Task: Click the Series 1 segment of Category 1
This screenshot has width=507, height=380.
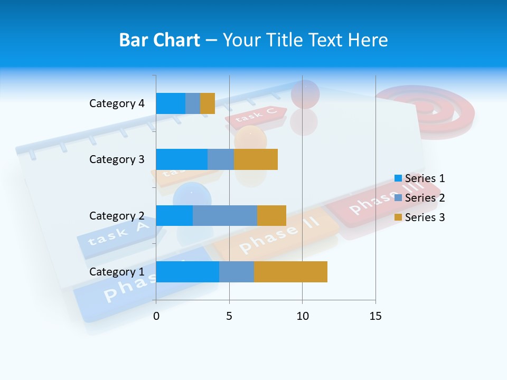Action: [x=187, y=272]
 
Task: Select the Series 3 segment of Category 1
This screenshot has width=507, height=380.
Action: [x=290, y=272]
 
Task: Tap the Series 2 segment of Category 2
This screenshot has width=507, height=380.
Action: [x=225, y=216]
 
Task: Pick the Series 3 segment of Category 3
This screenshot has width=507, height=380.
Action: [x=256, y=159]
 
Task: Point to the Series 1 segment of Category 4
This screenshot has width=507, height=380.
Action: [x=171, y=103]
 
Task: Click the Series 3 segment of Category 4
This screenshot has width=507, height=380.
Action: [x=208, y=103]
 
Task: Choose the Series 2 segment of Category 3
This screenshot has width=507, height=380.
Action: [x=221, y=159]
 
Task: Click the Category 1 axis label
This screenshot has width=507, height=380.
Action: [x=117, y=272]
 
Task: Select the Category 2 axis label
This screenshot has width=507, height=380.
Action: [x=117, y=216]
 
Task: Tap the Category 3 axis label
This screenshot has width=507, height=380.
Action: [x=117, y=159]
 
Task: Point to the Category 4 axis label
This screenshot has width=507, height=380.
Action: [x=117, y=103]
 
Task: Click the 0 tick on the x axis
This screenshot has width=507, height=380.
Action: [x=156, y=316]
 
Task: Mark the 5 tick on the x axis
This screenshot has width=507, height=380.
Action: [x=229, y=316]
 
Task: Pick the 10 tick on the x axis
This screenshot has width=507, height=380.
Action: [x=302, y=316]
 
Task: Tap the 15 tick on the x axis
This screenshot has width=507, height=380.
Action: [x=375, y=316]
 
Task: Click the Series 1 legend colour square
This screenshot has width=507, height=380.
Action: [x=398, y=178]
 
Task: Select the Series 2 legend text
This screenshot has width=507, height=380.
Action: [x=425, y=198]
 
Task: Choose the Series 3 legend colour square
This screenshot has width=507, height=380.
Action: [x=398, y=217]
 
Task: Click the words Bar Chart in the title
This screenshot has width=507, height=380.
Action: [x=159, y=40]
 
